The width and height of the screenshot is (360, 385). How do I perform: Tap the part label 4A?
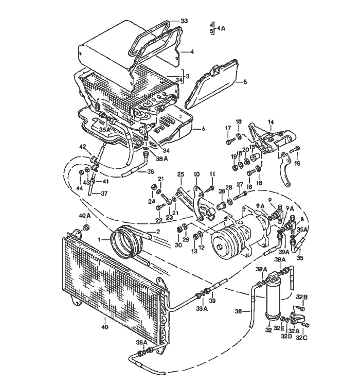click(x=221, y=29)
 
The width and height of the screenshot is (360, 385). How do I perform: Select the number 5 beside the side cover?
click(x=245, y=81)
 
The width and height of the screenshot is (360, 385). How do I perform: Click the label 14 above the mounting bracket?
click(x=271, y=122)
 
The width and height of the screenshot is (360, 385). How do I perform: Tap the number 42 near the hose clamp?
click(x=81, y=147)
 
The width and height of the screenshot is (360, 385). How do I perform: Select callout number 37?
click(x=104, y=194)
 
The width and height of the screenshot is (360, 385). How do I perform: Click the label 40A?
click(x=84, y=215)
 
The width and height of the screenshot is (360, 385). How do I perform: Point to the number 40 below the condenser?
click(x=104, y=326)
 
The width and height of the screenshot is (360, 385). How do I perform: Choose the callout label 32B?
click(x=302, y=297)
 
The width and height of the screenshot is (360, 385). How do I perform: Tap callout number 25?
click(x=180, y=175)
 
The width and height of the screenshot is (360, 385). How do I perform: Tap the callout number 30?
click(x=178, y=245)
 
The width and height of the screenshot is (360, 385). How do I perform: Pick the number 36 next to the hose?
click(x=151, y=171)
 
